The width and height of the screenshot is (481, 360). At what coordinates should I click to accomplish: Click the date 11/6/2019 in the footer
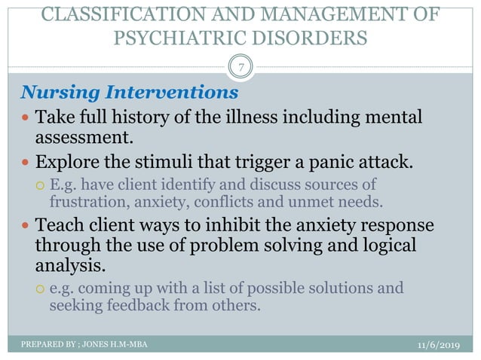tap(441, 345)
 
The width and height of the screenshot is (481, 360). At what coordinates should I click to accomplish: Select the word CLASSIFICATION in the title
tap(102, 13)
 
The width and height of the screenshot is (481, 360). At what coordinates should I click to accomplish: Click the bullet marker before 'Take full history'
tap(26, 118)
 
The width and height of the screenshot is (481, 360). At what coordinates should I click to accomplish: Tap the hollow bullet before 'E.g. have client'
tap(40, 185)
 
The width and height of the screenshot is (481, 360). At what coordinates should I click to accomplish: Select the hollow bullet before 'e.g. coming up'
tap(40, 288)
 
